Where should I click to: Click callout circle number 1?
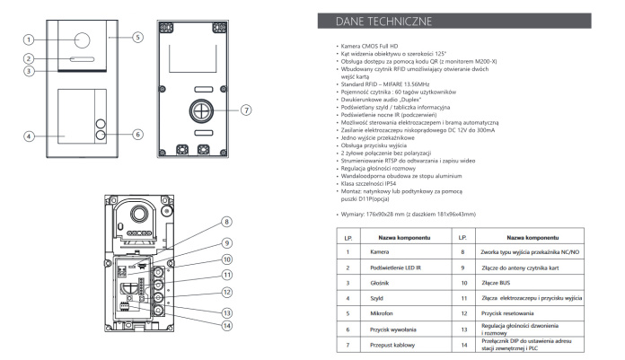29,40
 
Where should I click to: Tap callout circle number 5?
138,38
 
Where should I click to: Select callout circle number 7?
245,110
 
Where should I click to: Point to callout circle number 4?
29,136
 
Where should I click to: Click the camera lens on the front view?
82,40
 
